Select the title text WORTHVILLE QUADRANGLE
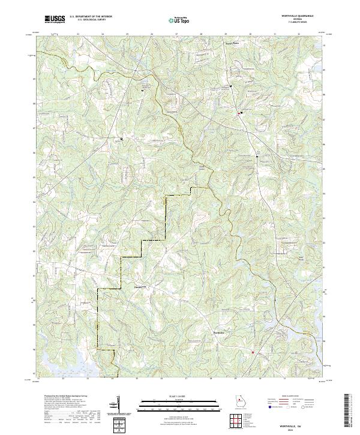click(287, 15)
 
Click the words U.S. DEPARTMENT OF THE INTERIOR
click(91, 17)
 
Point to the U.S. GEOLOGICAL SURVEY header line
click(91, 20)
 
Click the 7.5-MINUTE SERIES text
click(287, 23)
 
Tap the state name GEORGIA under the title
click(287, 19)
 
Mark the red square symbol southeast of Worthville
click(253, 352)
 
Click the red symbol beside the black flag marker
click(238, 112)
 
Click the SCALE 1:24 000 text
click(179, 396)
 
